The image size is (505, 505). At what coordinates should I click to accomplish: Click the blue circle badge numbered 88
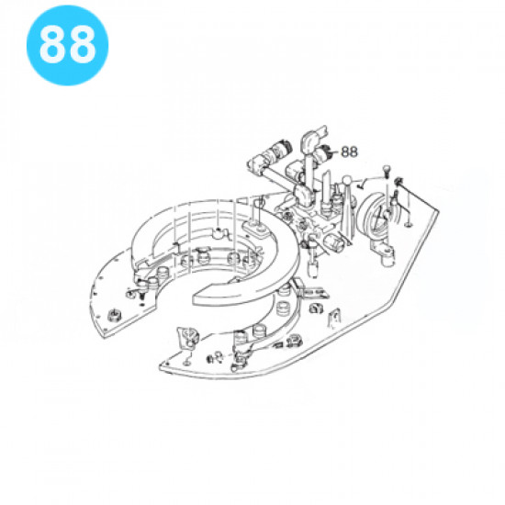[67, 45]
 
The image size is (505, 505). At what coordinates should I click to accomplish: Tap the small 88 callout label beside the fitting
[349, 151]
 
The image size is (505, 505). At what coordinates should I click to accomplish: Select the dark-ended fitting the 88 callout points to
[323, 152]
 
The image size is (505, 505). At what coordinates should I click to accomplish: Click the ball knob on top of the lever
[347, 181]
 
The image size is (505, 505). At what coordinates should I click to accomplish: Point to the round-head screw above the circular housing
[386, 170]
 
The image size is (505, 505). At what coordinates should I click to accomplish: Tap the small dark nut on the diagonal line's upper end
[399, 181]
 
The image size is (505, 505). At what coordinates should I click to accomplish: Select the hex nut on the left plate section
[114, 314]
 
